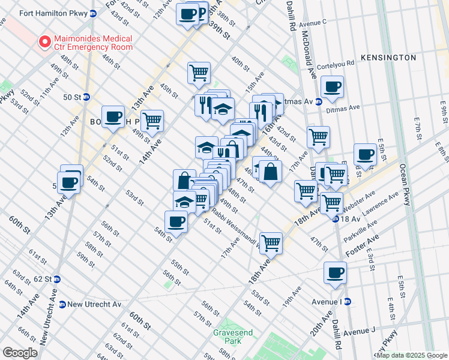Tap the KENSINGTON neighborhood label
[x=388, y=58]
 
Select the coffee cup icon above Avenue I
[x=335, y=272]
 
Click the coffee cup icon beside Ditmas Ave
[x=332, y=86]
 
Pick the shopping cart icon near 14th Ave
[x=152, y=121]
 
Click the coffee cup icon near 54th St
[x=176, y=221]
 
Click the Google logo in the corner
[x=20, y=352]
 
